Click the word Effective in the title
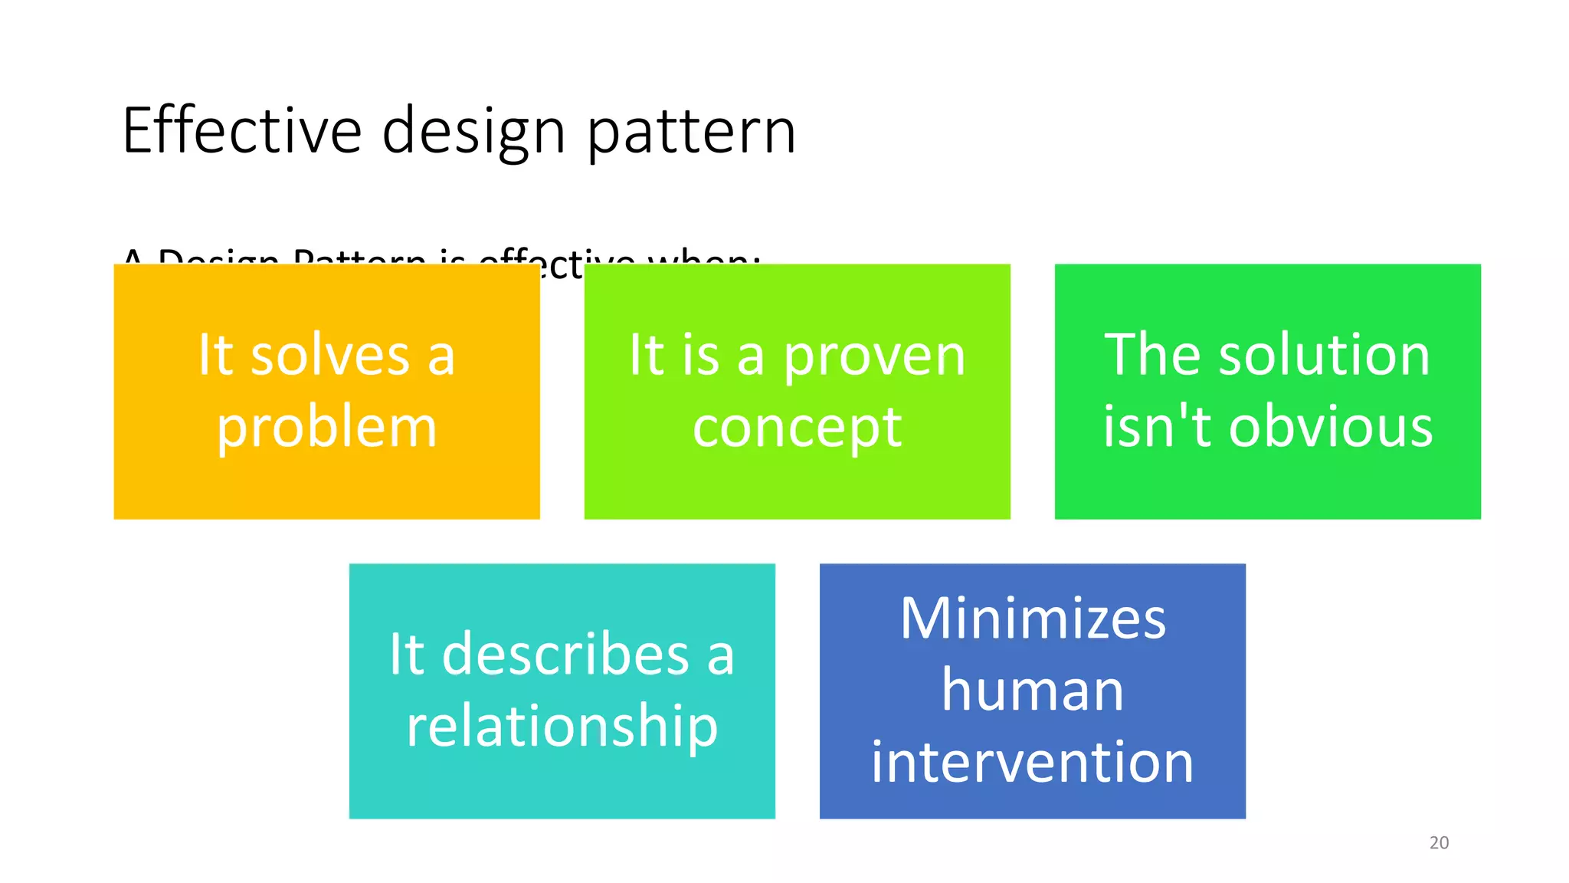point(241,131)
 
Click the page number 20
point(1439,842)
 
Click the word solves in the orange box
point(330,356)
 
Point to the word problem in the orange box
point(327,428)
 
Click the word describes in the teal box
point(565,655)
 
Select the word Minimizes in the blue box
point(1033,619)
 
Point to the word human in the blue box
point(1032,690)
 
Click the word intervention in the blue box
point(1032,762)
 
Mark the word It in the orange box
point(215,356)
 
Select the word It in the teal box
point(406,655)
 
